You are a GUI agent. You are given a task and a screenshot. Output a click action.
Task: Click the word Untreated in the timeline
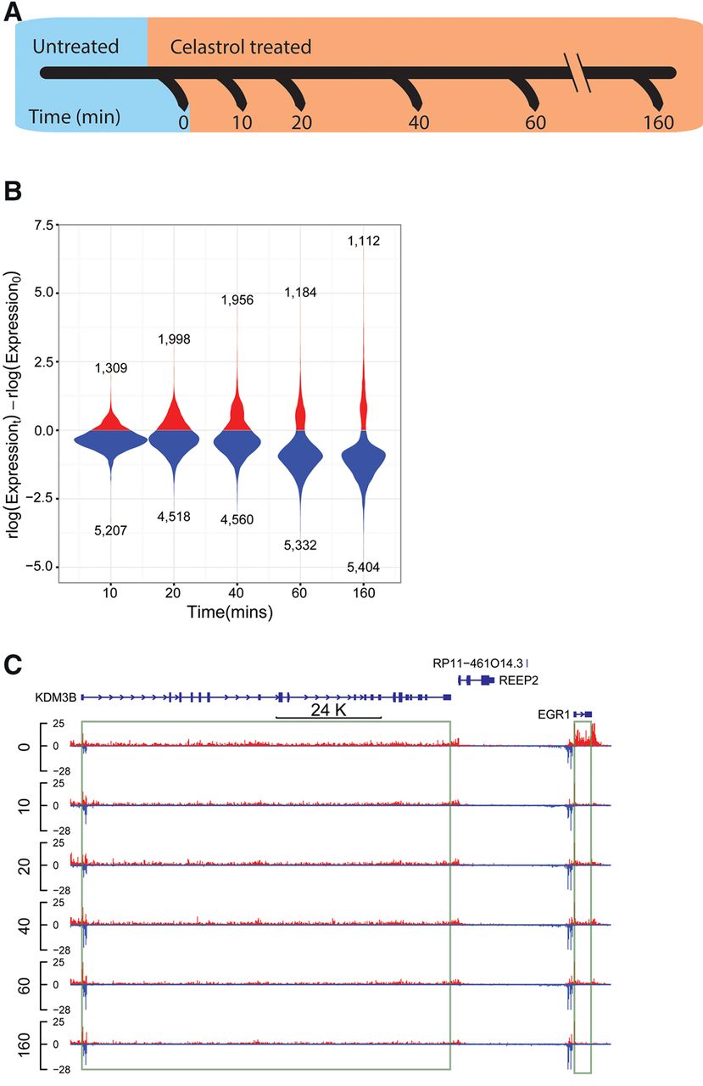tap(75, 47)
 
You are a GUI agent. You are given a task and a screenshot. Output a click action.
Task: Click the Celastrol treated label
tap(240, 47)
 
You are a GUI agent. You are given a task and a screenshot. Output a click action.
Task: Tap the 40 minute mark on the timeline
tap(419, 122)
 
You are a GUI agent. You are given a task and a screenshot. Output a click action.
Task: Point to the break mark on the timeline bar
tap(577, 72)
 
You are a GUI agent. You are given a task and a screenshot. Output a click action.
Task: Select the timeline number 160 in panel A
tap(658, 122)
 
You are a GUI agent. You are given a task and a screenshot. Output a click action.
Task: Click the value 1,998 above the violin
tap(174, 339)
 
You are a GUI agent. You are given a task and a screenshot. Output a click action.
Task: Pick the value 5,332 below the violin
tap(300, 546)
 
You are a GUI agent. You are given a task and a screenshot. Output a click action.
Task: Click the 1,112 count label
tap(364, 241)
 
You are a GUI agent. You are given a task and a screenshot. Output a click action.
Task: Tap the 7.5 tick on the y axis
tap(43, 226)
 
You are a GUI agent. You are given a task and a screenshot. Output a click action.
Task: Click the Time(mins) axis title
tap(230, 613)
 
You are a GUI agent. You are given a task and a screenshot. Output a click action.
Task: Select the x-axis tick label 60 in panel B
tap(299, 593)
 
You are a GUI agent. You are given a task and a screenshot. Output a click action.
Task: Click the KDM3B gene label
tap(56, 697)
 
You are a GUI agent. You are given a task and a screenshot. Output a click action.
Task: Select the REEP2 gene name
tap(518, 680)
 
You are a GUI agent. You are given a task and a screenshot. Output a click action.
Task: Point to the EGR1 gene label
tap(554, 714)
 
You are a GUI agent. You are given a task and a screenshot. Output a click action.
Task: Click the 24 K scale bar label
tap(328, 710)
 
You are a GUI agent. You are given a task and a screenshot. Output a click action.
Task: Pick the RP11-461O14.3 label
tap(477, 663)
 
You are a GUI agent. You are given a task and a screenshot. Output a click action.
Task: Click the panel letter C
tap(13, 665)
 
